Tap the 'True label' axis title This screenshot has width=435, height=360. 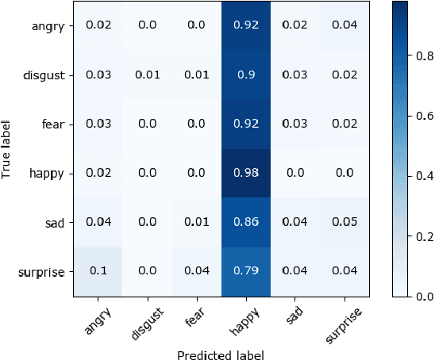point(8,148)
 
